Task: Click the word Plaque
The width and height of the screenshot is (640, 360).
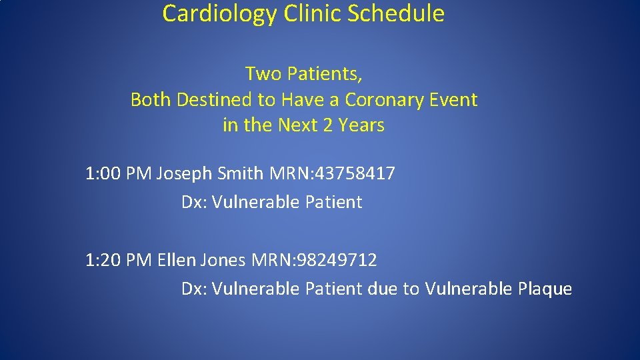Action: pyautogui.click(x=544, y=289)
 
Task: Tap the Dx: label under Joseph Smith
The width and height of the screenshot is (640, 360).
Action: pyautogui.click(x=195, y=203)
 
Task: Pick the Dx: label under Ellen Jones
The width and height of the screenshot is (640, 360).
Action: pyautogui.click(x=195, y=289)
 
